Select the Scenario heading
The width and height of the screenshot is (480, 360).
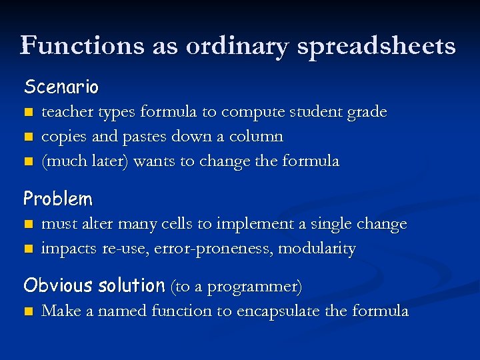click(x=61, y=87)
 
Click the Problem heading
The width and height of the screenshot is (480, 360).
click(x=58, y=199)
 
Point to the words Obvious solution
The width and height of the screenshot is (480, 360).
click(x=94, y=286)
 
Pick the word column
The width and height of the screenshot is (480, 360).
click(x=256, y=136)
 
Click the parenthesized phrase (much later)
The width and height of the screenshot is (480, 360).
click(x=85, y=161)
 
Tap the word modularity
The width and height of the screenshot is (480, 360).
click(x=317, y=249)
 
